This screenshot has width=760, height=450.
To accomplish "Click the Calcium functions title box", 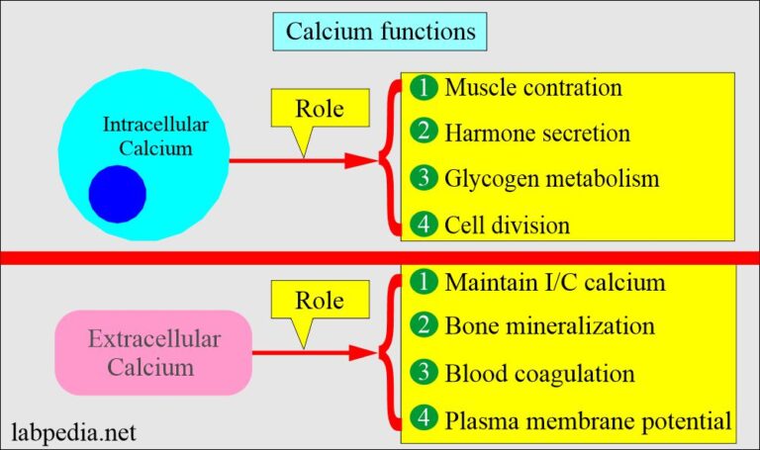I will coord(380,32).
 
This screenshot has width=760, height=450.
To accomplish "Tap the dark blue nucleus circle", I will coord(117,193).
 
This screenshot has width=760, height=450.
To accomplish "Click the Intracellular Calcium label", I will coord(148,136).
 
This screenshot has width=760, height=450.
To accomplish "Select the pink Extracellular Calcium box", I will coord(153,353).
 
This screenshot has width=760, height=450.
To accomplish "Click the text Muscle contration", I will coord(533,87).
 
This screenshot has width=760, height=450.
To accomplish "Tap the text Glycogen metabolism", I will coord(552,179).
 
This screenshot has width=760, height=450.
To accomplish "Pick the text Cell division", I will coord(507,225).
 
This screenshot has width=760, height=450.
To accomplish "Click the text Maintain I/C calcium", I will coord(554,283).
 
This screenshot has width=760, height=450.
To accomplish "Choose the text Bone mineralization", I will coord(549,325).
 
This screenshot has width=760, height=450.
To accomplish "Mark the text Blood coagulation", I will coord(539,375).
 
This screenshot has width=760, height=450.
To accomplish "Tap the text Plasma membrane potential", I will coord(588,422).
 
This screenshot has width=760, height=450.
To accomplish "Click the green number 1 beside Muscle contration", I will coord(424,87).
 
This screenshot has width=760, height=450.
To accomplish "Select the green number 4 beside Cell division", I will coord(424,225).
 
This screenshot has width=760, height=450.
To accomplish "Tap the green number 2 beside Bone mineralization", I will coord(424,326).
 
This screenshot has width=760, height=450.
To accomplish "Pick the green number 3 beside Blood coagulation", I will coord(424,375).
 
